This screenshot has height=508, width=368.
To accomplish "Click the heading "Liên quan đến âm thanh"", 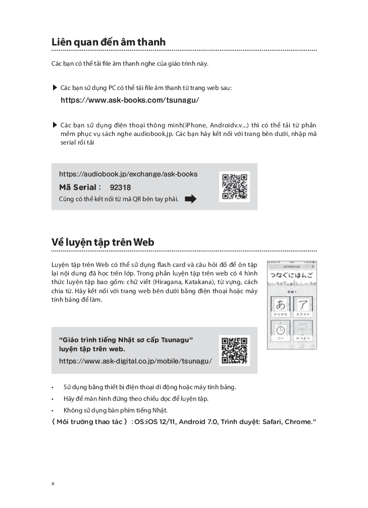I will click(x=109, y=42).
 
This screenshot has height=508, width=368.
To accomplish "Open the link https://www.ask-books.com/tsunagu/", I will click(x=130, y=100).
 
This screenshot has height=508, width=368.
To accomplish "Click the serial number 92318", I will click(x=120, y=187).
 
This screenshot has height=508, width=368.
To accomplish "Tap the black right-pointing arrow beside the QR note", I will click(x=191, y=199).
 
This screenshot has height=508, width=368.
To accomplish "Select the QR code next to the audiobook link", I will click(x=234, y=186).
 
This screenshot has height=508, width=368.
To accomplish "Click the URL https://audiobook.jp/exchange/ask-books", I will click(x=128, y=174).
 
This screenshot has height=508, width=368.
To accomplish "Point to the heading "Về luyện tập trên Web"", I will click(x=103, y=242).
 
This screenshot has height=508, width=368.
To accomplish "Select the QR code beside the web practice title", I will click(x=234, y=350).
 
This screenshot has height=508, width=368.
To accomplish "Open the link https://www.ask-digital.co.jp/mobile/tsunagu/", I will click(x=135, y=361).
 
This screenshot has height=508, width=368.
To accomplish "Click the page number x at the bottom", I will click(x=53, y=483).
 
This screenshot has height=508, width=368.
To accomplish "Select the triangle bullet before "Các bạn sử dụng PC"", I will click(x=55, y=88).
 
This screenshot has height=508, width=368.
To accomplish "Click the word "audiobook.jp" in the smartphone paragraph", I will click(x=155, y=134).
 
